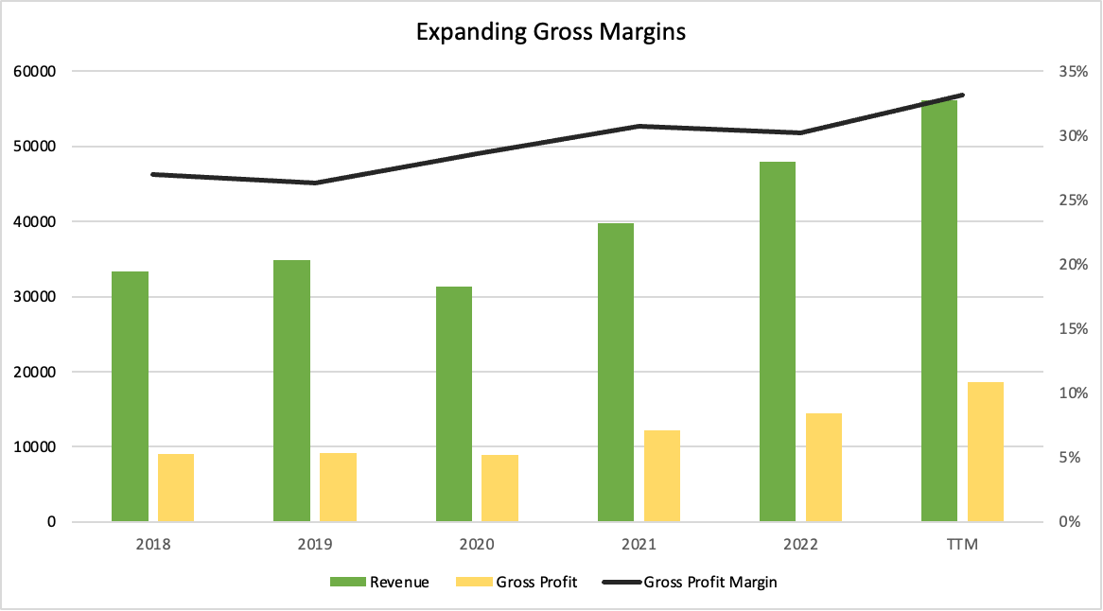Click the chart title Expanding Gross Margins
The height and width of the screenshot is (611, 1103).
pyautogui.click(x=551, y=32)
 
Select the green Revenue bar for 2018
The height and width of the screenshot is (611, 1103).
pyautogui.click(x=130, y=396)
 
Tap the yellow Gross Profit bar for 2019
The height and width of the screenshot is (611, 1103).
pyautogui.click(x=338, y=487)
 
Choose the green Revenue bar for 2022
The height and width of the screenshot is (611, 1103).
pyautogui.click(x=778, y=341)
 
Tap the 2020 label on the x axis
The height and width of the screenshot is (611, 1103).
pyautogui.click(x=477, y=545)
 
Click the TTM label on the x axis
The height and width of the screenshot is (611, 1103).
pyautogui.click(x=963, y=545)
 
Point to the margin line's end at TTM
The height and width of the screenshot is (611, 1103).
pyautogui.click(x=962, y=95)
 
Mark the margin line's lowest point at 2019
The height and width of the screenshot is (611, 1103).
pyautogui.click(x=315, y=183)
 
